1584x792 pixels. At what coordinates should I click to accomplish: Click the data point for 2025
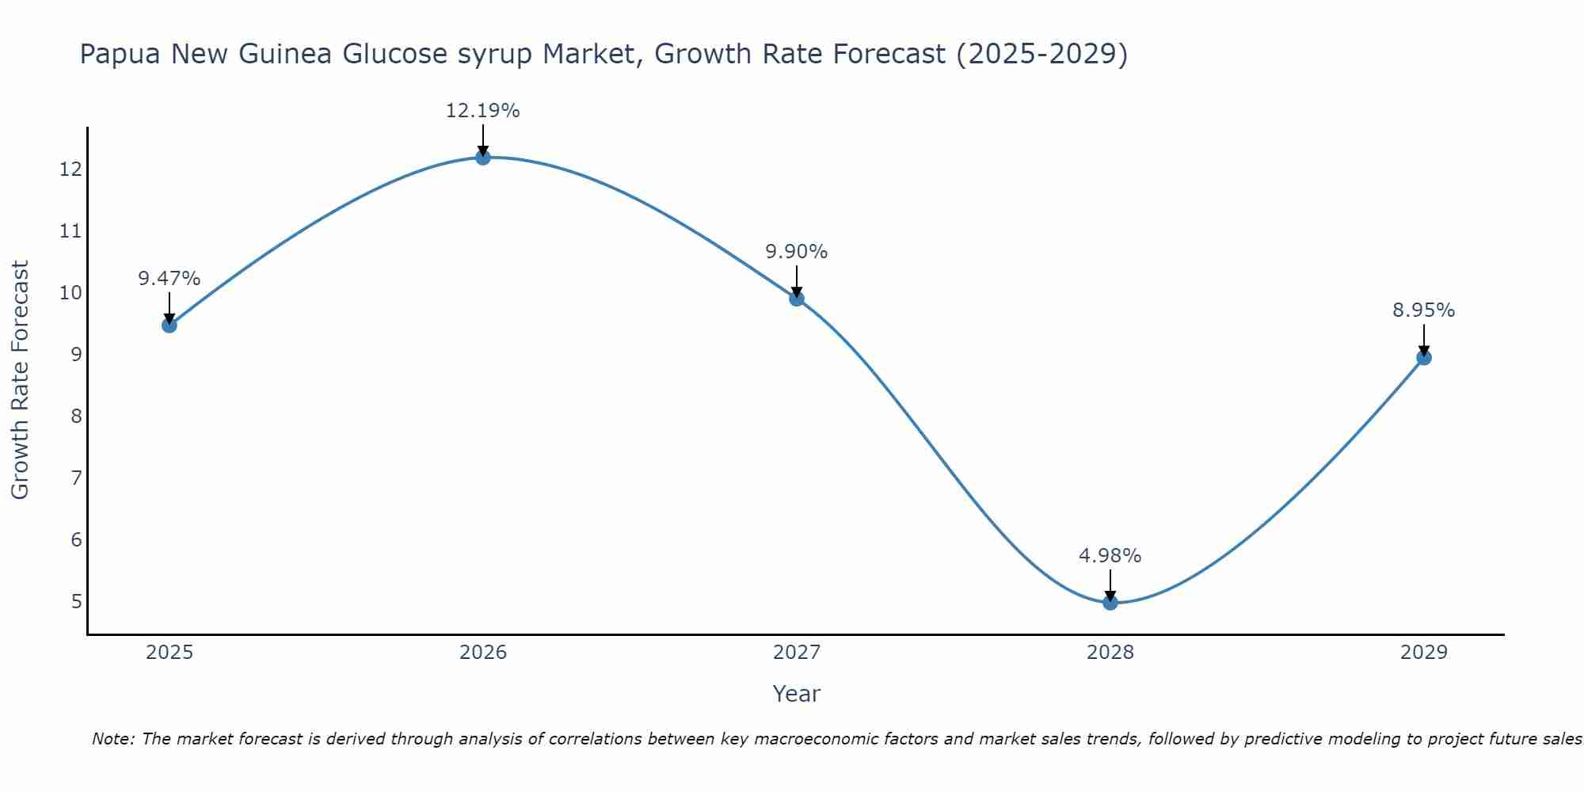click(169, 325)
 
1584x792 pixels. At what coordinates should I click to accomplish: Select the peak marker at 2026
click(483, 157)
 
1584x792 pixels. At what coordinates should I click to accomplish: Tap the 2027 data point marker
click(797, 299)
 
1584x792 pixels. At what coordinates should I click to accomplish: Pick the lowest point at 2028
click(1110, 603)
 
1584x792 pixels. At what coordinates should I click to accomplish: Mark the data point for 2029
click(1423, 357)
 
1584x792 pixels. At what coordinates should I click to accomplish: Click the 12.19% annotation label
click(482, 111)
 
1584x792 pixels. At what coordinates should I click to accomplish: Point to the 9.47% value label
click(169, 279)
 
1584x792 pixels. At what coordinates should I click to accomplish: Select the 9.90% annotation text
click(796, 252)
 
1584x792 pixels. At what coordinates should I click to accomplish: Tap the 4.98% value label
click(1110, 556)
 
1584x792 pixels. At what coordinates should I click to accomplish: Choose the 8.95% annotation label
click(1423, 310)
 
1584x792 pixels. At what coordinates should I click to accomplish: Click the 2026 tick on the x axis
click(483, 653)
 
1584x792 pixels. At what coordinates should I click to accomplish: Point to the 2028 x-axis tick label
click(1110, 653)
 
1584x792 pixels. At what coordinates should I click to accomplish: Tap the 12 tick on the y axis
click(70, 169)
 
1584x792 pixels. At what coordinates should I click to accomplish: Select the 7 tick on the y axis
click(76, 478)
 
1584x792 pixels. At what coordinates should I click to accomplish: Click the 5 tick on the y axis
click(76, 602)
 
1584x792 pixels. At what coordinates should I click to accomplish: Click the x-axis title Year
click(796, 694)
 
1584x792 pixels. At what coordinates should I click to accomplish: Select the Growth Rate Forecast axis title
click(20, 380)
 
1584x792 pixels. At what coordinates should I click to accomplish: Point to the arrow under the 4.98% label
click(1110, 584)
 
